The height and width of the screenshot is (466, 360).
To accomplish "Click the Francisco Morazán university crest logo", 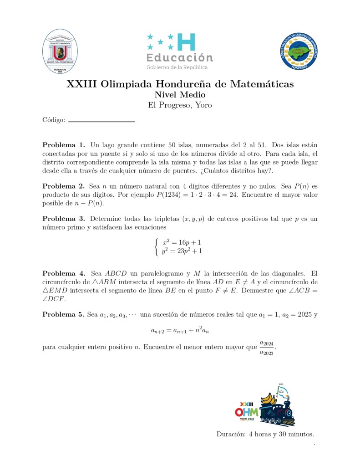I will tap(60, 51).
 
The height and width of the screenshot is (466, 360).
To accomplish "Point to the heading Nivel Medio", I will tap(180, 95).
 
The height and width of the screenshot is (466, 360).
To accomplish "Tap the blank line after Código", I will tap(101, 121).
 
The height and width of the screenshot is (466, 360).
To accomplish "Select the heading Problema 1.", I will tap(64, 145).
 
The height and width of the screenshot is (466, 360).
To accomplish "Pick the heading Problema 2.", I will tap(64, 186).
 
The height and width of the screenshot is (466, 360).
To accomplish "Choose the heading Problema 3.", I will tap(64, 219).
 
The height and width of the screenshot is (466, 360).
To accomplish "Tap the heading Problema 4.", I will tap(64, 274).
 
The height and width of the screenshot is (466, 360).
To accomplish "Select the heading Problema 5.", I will tap(63, 314).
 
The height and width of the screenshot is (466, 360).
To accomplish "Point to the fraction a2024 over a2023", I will tap(266, 348).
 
